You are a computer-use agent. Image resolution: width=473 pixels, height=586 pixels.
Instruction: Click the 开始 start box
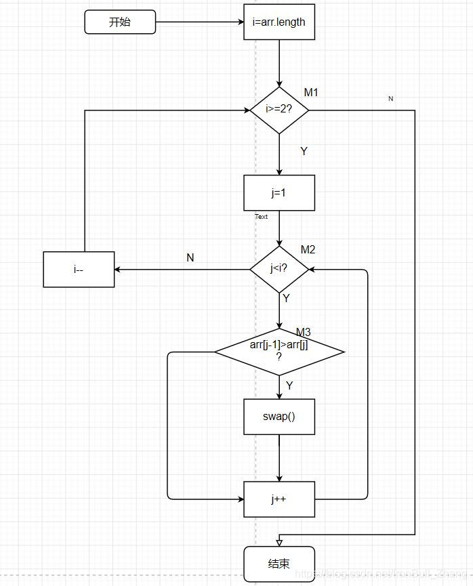[120, 22]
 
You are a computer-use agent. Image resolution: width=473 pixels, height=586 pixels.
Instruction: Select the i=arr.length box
[279, 22]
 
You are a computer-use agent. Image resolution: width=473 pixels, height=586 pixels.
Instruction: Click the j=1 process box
[279, 192]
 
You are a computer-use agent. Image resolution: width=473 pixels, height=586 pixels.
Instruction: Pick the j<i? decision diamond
[279, 269]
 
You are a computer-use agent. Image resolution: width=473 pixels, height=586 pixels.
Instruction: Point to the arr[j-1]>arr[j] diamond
[279, 351]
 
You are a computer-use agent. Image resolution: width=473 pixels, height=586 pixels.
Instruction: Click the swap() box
[279, 417]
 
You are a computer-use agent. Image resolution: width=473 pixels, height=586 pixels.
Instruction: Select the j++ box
[279, 499]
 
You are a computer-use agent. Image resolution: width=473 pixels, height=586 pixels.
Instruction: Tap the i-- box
[79, 269]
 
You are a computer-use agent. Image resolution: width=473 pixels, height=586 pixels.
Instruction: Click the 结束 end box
[279, 564]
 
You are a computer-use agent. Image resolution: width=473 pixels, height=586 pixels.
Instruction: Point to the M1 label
[311, 92]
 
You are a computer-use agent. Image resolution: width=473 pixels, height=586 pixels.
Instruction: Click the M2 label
[308, 250]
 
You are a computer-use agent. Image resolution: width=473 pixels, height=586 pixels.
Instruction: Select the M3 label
[304, 332]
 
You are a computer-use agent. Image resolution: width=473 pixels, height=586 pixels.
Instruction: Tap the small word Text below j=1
[261, 217]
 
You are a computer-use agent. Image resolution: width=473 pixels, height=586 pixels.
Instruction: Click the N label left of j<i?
[190, 257]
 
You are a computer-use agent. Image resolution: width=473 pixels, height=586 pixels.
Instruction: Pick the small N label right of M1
[390, 99]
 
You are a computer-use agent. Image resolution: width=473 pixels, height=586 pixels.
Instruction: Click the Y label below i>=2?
[304, 151]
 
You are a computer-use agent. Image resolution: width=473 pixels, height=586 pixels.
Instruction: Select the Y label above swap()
[289, 385]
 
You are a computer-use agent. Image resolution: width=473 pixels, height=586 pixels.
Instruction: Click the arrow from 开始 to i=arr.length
[199, 22]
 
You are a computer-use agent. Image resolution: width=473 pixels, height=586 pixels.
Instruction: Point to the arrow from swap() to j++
[279, 458]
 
